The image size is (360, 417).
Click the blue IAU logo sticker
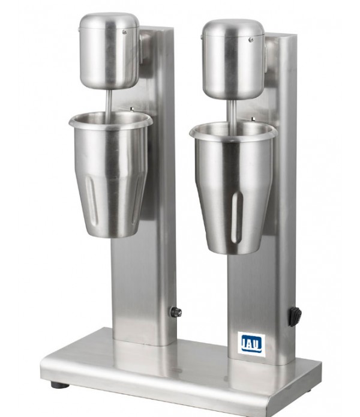(251, 344)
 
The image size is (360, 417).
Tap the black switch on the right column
(295, 316)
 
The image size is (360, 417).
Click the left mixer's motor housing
(109, 51)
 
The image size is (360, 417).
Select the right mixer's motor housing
(233, 59)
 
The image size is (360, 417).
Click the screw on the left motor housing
(124, 32)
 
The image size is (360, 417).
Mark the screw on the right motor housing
(251, 40)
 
